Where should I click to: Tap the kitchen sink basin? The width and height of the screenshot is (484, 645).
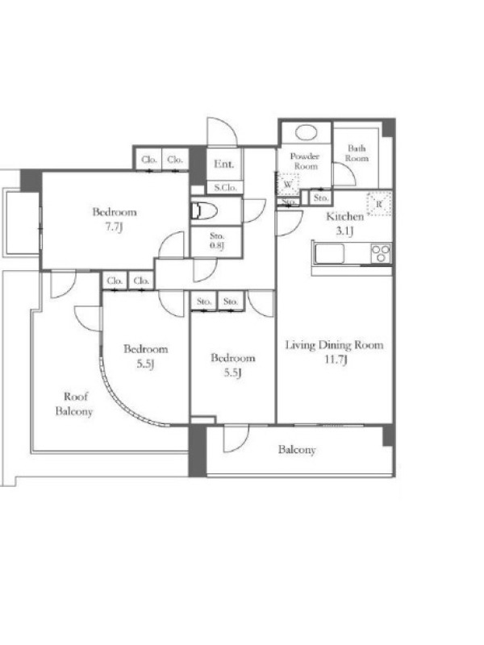[x=329, y=253]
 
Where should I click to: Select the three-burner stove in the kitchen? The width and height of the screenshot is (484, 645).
[x=381, y=253]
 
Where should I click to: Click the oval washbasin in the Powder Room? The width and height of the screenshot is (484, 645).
[x=307, y=132]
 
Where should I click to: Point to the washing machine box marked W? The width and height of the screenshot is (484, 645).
[x=288, y=184]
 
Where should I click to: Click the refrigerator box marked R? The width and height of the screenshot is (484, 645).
[x=378, y=204]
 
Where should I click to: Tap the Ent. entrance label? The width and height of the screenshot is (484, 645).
[x=224, y=164]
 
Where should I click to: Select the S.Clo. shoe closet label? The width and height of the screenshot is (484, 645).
[x=225, y=188]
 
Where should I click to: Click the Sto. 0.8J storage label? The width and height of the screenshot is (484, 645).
[x=217, y=241]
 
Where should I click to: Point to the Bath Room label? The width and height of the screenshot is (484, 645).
[x=357, y=153]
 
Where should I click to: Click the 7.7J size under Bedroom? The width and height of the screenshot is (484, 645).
[x=114, y=227]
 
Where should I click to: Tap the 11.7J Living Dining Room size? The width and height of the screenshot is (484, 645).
[x=336, y=360]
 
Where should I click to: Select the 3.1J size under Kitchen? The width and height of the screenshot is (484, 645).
[x=345, y=231]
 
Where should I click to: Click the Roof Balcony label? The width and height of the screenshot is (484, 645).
[x=74, y=404]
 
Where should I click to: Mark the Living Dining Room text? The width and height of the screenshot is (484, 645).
[x=334, y=345]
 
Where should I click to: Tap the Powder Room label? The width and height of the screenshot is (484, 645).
[x=305, y=160]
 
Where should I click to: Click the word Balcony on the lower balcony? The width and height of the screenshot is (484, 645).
[x=297, y=450]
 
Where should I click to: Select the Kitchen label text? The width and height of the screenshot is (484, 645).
[x=345, y=216]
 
